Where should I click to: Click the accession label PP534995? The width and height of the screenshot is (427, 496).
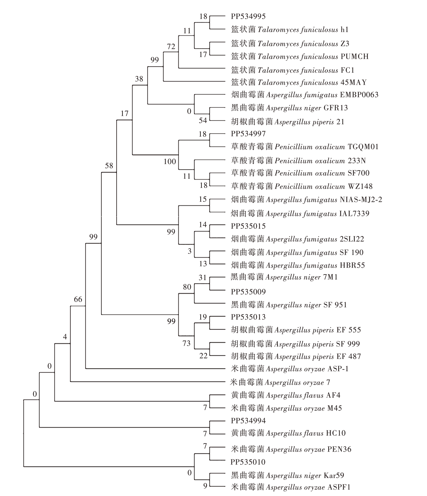tap(248, 16)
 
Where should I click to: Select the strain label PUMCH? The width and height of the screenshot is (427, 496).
tap(354, 56)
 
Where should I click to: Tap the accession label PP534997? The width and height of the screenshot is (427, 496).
tap(248, 134)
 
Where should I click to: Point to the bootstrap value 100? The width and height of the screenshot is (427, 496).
tap(170, 161)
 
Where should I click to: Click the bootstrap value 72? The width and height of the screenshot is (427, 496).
tap(171, 46)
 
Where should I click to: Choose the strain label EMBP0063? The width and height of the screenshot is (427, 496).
tap(359, 95)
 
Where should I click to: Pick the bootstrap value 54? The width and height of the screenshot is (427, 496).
tap(203, 120)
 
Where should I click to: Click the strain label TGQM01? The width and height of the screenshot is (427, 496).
tap(363, 147)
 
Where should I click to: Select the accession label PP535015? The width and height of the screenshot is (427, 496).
tap(248, 226)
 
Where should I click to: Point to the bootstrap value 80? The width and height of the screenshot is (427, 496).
tap(187, 287)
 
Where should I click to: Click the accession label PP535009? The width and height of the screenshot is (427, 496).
tap(248, 292)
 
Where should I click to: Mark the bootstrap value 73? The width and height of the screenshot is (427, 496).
tap(186, 343)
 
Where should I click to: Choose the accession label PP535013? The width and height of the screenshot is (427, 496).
tap(248, 317)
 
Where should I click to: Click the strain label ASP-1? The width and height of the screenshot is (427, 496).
tap(338, 369)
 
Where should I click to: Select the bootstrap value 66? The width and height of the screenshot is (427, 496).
tap(78, 299)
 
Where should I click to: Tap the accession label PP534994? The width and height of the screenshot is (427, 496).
tap(248, 421)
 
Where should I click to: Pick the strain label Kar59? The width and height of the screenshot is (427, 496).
tap(334, 475)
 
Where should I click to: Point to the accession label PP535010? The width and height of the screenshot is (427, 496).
tap(248, 462)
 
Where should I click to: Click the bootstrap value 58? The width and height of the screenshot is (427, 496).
tap(109, 166)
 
